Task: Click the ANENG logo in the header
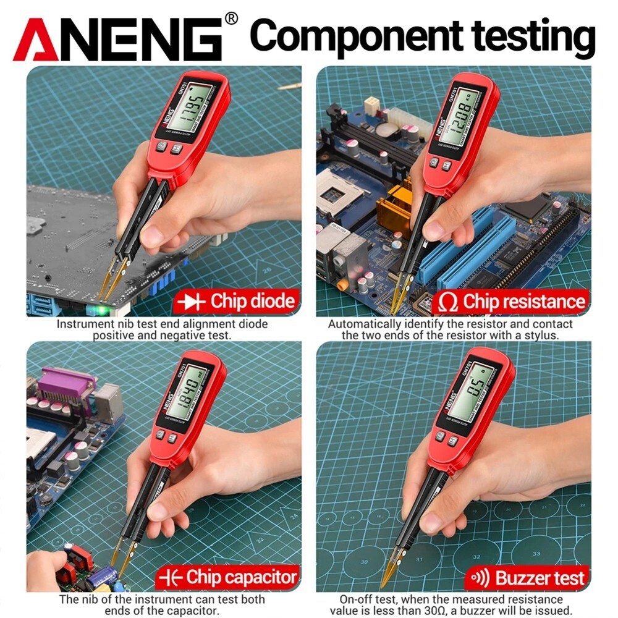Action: pos(118,39)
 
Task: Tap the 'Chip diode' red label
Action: pos(235,302)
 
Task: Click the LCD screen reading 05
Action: pos(470,391)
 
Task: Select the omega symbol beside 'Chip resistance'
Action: pos(447,302)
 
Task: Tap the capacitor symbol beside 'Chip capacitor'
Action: pos(169,578)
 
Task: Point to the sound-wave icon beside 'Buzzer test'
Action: pos(480,578)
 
